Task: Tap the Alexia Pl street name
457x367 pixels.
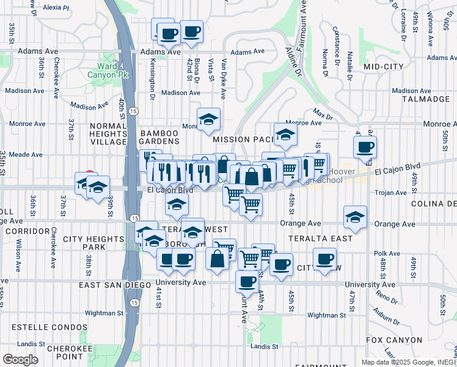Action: [x=56, y=8]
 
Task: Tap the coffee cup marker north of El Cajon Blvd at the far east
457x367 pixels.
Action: [x=365, y=147]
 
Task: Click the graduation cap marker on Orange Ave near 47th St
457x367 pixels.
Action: [x=355, y=217]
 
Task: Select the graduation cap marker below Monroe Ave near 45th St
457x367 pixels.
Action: [x=285, y=136]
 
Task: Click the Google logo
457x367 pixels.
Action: [x=21, y=359]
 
